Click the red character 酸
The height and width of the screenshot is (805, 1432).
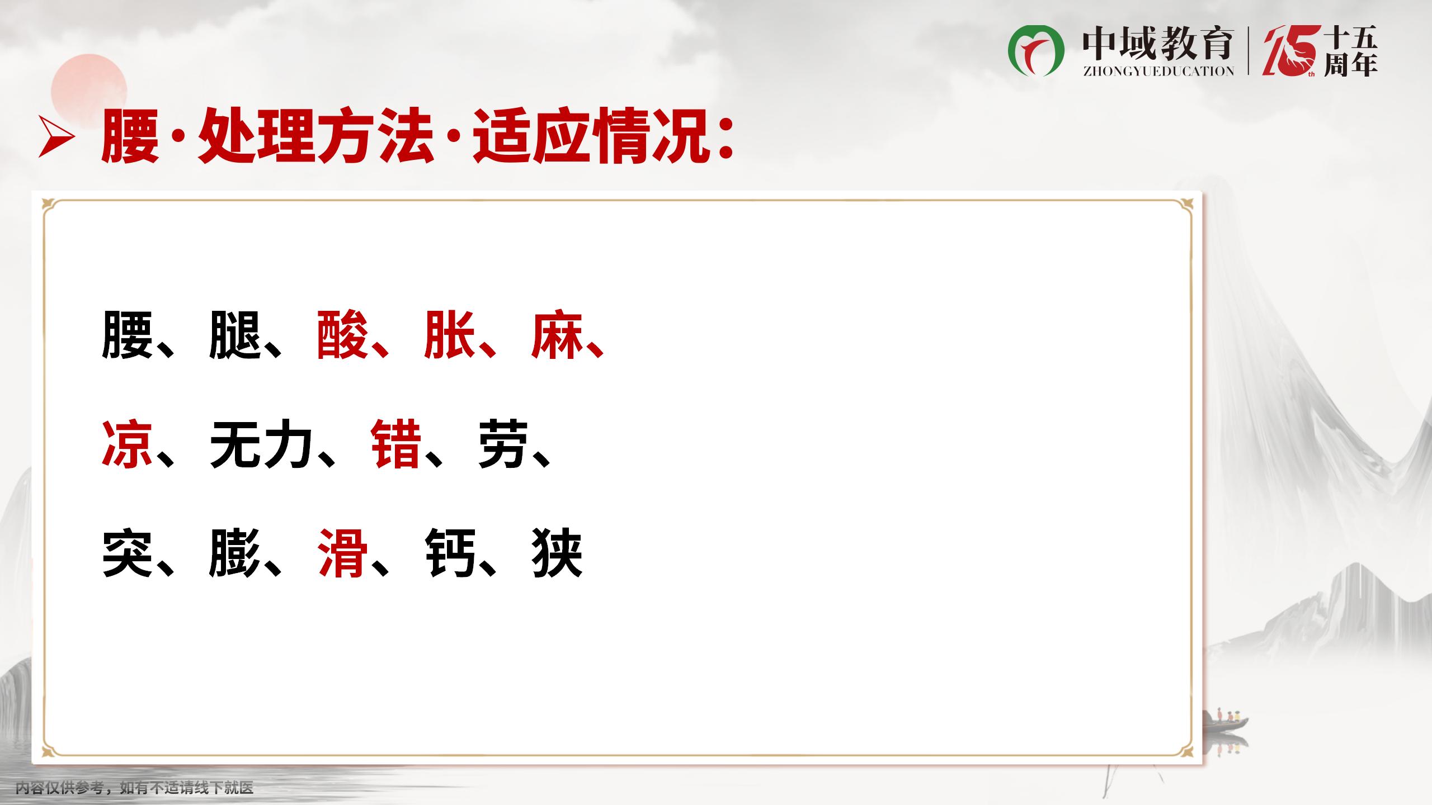pyautogui.click(x=342, y=335)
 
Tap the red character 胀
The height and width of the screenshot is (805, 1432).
pyautogui.click(x=450, y=335)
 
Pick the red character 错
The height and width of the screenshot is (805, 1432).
pyautogui.click(x=396, y=444)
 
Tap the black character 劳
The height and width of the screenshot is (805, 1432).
pyautogui.click(x=503, y=444)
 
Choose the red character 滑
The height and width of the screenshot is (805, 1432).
pyautogui.click(x=342, y=553)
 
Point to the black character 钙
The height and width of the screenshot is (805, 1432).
pyautogui.click(x=450, y=553)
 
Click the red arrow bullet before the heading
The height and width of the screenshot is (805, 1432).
pyautogui.click(x=56, y=137)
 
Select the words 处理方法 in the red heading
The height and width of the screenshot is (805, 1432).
pyautogui.click(x=316, y=137)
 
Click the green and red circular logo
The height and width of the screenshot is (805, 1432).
pyautogui.click(x=1036, y=51)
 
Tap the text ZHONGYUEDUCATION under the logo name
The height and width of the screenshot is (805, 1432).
pyautogui.click(x=1158, y=71)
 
